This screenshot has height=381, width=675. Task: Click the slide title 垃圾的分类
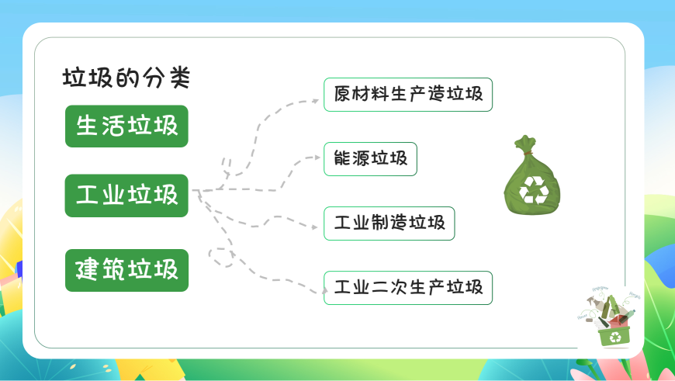(x=126, y=78)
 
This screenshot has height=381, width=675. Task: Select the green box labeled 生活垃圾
(x=126, y=126)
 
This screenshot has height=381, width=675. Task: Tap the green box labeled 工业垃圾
(x=126, y=196)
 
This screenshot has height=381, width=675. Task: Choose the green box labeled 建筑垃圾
(x=126, y=270)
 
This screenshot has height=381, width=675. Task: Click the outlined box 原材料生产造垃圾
(x=408, y=95)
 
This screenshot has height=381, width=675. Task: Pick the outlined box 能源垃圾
(x=370, y=159)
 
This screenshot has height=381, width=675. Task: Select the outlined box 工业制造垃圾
(x=389, y=223)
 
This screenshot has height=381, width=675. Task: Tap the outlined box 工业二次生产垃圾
(x=408, y=288)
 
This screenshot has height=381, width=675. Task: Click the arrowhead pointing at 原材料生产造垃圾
(x=316, y=101)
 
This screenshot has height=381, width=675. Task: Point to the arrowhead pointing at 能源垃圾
(x=317, y=158)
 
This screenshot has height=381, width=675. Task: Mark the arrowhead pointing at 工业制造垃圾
(x=315, y=227)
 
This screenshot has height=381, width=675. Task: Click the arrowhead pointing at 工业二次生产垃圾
(x=324, y=292)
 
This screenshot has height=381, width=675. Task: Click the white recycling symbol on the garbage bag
(x=535, y=189)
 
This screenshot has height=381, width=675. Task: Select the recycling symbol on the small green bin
(x=615, y=338)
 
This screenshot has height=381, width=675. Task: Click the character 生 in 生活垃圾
(x=87, y=126)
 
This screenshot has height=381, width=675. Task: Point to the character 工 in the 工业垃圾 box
(x=87, y=195)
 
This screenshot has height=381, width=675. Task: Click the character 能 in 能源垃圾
(x=342, y=158)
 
